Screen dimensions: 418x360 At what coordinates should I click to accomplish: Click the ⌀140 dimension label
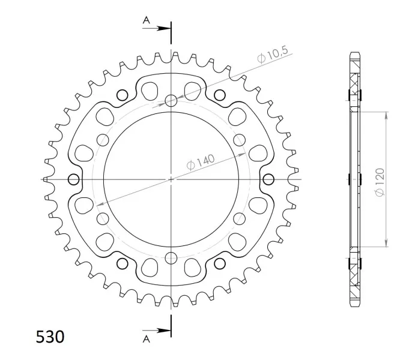201,161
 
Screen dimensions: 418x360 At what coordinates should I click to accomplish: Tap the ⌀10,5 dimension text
273,55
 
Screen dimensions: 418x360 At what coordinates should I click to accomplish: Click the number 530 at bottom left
50,337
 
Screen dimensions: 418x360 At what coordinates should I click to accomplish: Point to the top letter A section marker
147,20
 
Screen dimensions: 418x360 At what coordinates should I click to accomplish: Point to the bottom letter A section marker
147,339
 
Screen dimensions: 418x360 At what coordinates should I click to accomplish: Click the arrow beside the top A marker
157,28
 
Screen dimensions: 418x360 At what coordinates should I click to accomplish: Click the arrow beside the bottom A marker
157,331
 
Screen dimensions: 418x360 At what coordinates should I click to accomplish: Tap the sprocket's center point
171,179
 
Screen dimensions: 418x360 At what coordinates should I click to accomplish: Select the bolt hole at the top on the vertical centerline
171,100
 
